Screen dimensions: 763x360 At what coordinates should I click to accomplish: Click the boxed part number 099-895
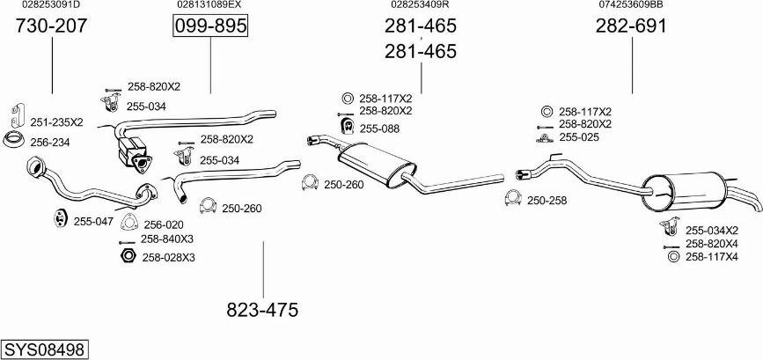(x=210, y=26)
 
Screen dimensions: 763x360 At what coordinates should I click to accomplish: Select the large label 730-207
(x=52, y=26)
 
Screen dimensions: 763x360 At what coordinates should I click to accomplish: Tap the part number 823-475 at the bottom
(x=262, y=310)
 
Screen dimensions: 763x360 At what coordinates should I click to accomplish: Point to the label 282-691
(x=631, y=26)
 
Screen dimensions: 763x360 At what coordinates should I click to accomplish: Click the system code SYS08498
(x=44, y=349)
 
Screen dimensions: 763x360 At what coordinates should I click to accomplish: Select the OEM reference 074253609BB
(x=631, y=5)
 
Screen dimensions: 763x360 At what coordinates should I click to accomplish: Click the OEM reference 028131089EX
(x=209, y=5)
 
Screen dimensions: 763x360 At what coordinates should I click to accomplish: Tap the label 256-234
(x=49, y=143)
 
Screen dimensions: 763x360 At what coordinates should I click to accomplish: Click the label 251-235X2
(x=56, y=122)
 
